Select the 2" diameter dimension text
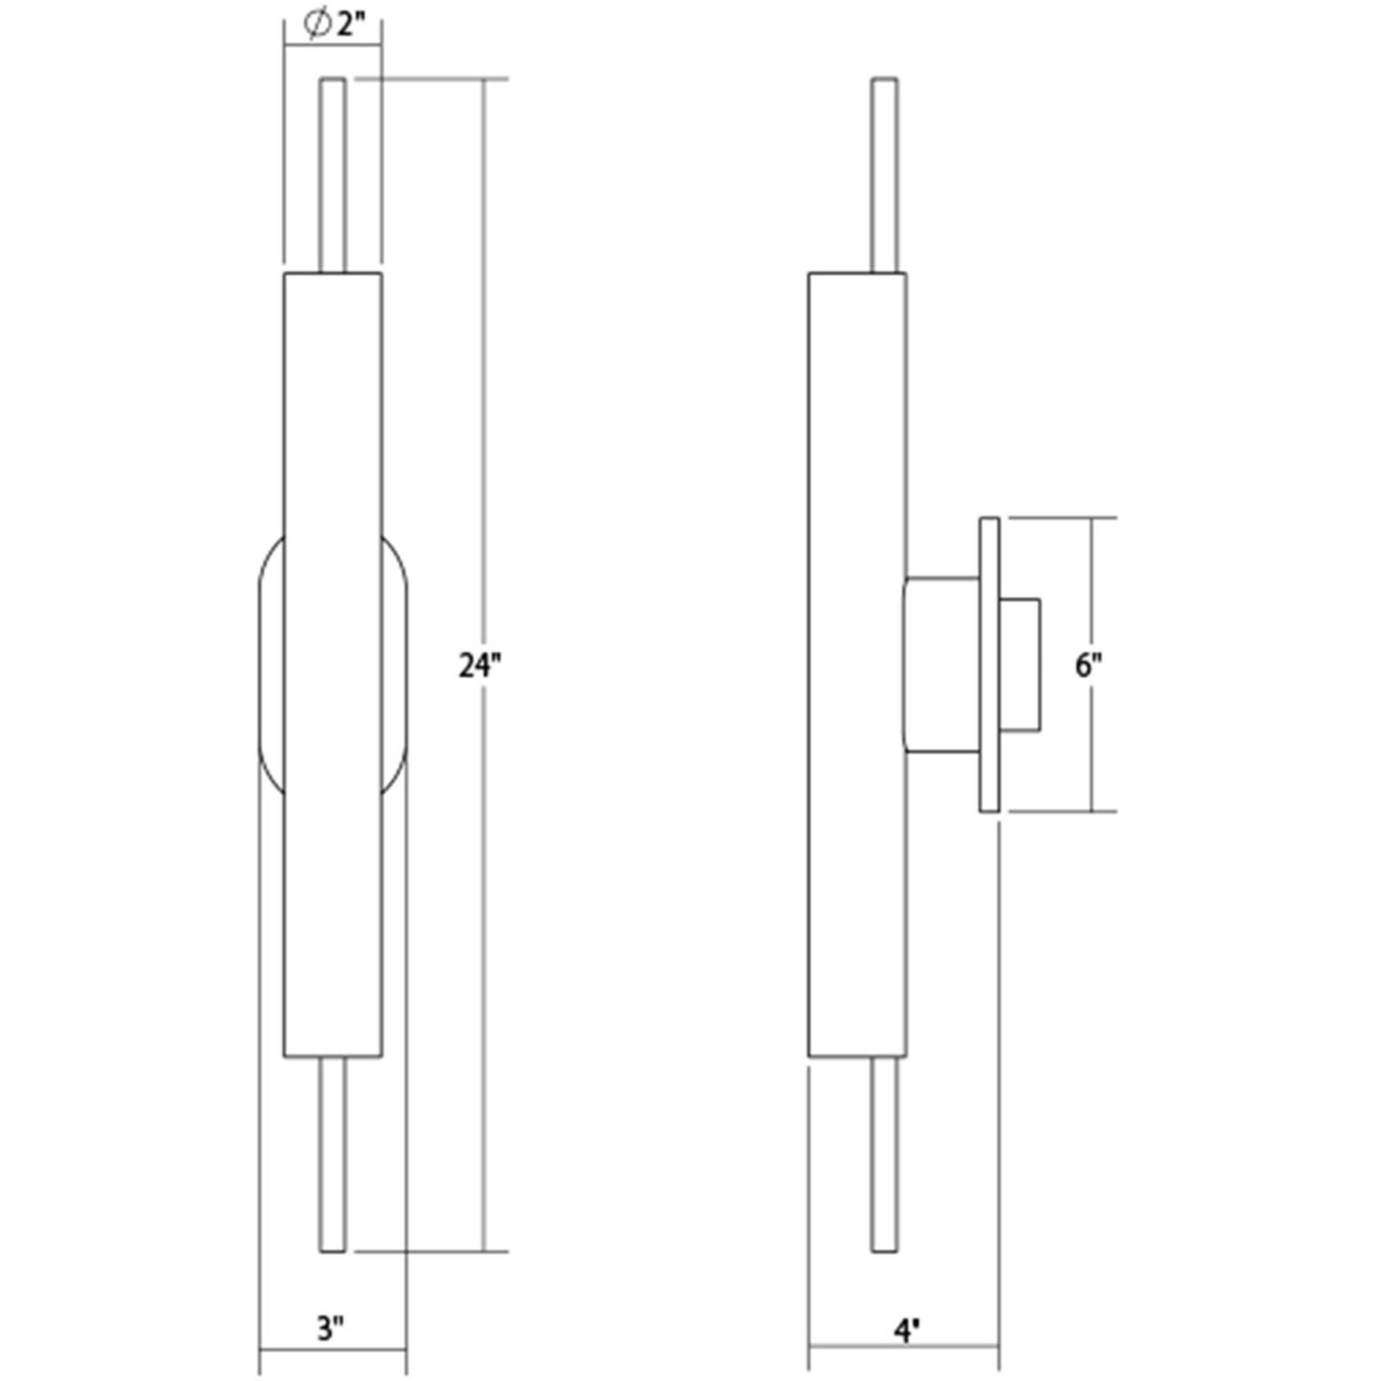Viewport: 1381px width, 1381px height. [351, 26]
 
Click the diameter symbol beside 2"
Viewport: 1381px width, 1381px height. [317, 26]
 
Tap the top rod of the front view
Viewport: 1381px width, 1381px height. [333, 175]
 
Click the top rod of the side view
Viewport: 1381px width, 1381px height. [885, 175]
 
